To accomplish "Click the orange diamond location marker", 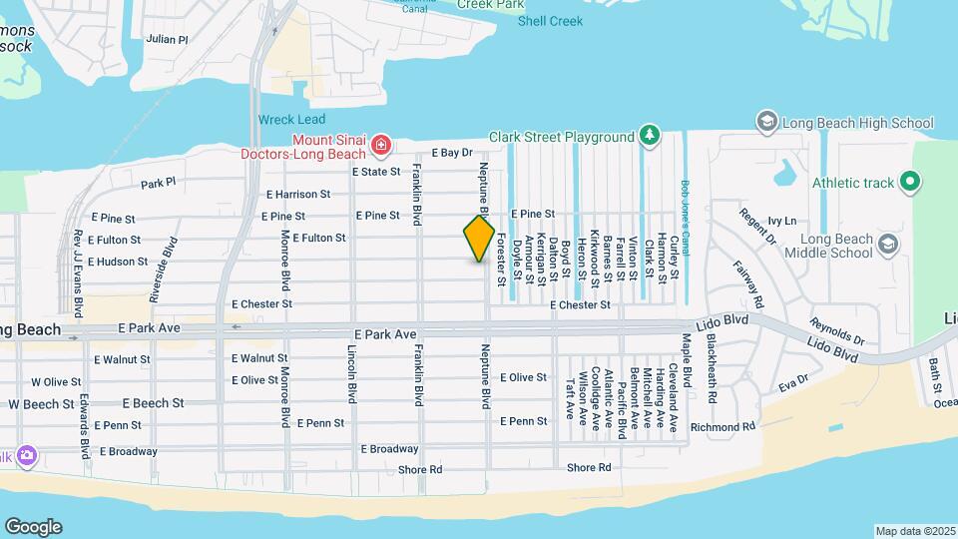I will tap(479, 239).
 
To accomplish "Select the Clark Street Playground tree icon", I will tap(650, 136).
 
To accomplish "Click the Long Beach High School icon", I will tap(767, 123).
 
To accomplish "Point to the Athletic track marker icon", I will tap(909, 183).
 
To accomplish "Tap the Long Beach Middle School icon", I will tap(885, 244).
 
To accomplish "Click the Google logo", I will tap(33, 527).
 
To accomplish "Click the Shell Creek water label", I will tap(550, 21).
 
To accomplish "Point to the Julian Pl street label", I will tap(167, 40).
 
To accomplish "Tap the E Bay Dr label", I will tap(451, 153).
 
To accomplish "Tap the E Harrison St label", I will tap(298, 195).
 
